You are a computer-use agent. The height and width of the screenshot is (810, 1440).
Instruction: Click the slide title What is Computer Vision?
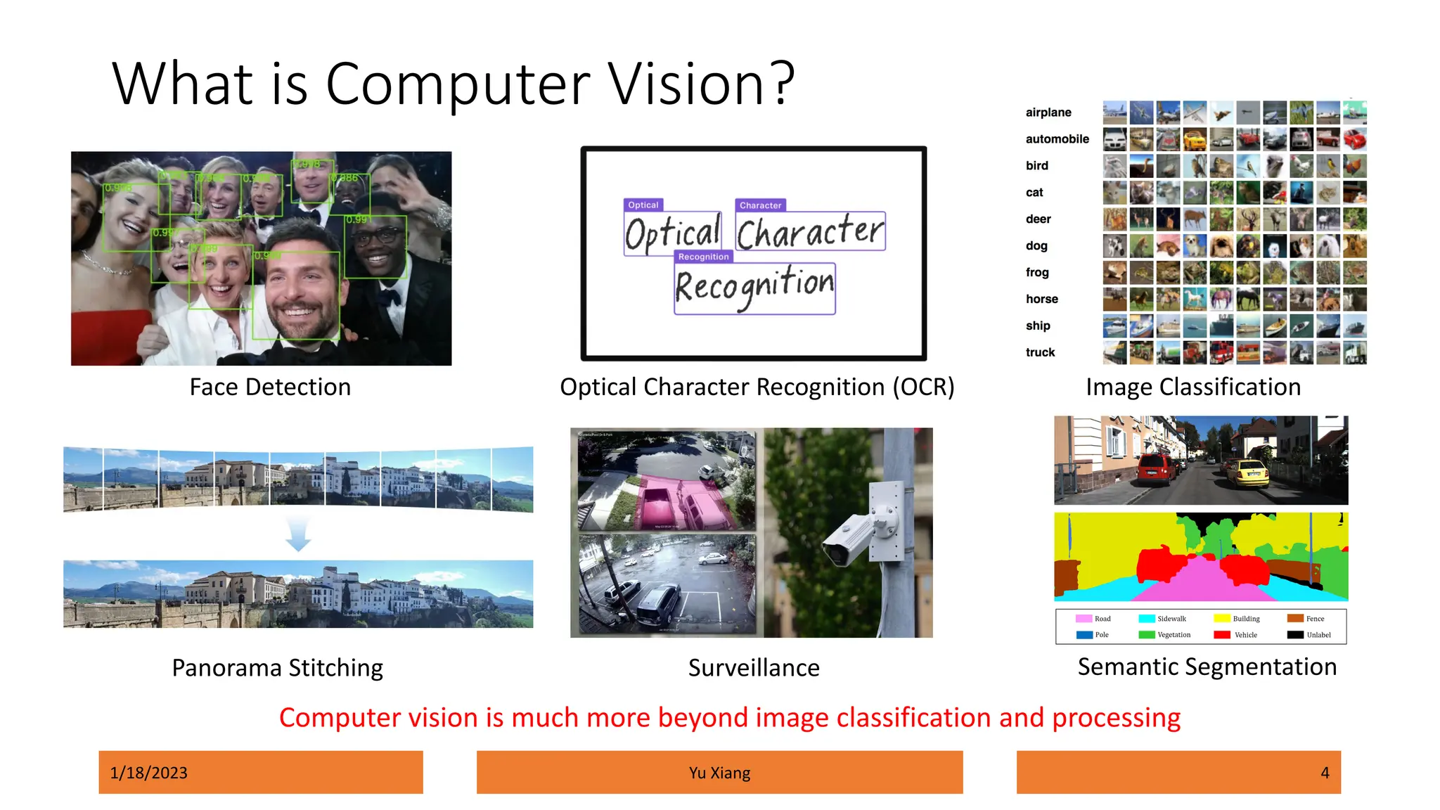[x=454, y=84]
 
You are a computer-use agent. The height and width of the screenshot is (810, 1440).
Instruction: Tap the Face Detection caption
[x=270, y=387]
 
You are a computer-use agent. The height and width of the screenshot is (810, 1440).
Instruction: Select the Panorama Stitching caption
[x=277, y=668]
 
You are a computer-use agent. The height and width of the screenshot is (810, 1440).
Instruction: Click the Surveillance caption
[x=754, y=668]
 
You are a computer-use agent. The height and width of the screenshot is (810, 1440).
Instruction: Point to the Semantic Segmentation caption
[x=1207, y=667]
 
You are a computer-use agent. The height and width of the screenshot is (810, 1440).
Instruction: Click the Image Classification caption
[x=1193, y=387]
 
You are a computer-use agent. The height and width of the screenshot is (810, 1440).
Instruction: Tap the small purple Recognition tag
[x=703, y=257]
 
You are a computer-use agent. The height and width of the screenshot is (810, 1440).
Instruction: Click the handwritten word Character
[x=810, y=232]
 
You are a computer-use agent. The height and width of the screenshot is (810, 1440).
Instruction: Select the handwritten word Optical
[x=673, y=233]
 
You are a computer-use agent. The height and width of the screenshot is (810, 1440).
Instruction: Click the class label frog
[x=1037, y=273]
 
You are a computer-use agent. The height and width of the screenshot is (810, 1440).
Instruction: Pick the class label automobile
[x=1057, y=139]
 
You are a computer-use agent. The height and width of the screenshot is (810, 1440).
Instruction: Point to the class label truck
[x=1040, y=353]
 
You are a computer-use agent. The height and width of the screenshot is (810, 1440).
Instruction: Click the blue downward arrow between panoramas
[x=298, y=534]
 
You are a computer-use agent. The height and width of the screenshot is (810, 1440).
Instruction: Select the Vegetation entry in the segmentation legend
[x=1174, y=635]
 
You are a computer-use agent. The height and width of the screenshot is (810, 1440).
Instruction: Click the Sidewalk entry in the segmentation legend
[x=1171, y=619]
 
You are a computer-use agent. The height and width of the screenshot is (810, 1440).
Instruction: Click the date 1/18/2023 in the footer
[x=149, y=773]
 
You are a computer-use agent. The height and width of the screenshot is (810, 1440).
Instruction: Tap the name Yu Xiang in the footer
[x=719, y=773]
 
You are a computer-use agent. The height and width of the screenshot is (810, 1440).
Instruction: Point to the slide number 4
[x=1325, y=773]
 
